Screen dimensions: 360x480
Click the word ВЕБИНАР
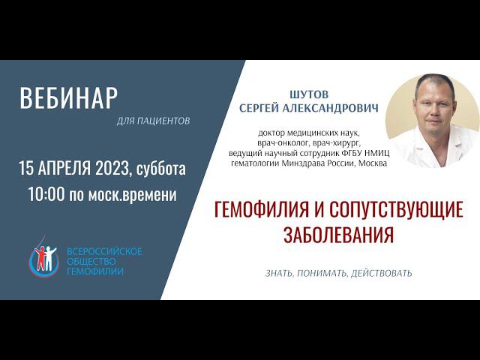[69, 98]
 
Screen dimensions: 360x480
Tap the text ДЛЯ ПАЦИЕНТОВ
[154, 120]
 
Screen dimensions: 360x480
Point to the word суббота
[161, 169]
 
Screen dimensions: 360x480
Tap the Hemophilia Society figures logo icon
[42, 259]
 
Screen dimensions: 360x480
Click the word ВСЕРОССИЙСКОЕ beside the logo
[104, 251]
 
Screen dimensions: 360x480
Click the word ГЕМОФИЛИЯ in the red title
[258, 210]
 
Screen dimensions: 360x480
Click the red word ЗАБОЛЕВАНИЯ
[338, 235]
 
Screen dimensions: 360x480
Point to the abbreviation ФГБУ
[343, 154]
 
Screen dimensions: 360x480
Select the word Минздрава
[317, 163]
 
